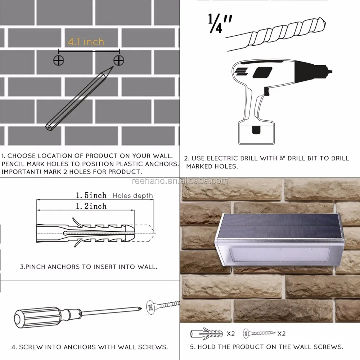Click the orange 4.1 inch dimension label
pos(86,42)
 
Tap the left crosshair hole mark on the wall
pos(59,60)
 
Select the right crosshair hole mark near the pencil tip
pos(119,60)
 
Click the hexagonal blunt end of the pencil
pos(49,127)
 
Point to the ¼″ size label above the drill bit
pos(220,23)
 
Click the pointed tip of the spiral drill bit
pos(325,23)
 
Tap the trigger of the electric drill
pos(266,91)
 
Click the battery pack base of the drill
pos(256,132)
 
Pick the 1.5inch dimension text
pos(91,195)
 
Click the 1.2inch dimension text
pos(91,206)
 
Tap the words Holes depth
pos(133,195)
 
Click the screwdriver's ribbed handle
pos(37,317)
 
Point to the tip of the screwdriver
pos(141,309)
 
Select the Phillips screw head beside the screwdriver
pos(150,307)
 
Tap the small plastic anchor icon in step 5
pos(207,334)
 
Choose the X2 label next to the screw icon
pos(282,334)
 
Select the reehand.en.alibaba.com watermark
pos(180,181)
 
